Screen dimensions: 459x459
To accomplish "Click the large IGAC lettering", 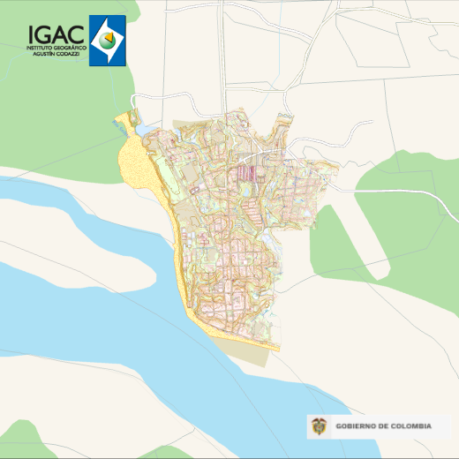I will pos(56,34).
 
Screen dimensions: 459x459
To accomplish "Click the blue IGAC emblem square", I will pos(108,41).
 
